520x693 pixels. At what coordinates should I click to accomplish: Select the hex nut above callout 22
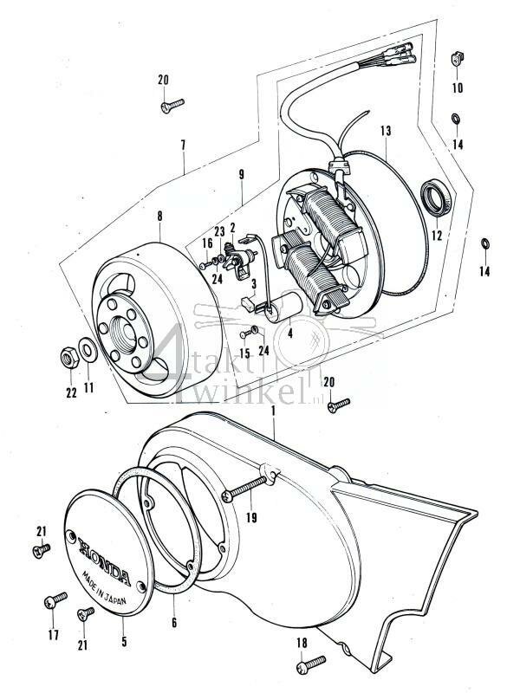(x=68, y=356)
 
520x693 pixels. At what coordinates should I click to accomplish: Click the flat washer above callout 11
(x=88, y=353)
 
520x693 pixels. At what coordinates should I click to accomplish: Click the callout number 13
(x=385, y=131)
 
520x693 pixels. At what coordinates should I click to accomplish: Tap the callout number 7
(x=184, y=146)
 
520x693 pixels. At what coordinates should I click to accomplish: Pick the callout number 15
(x=244, y=354)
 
